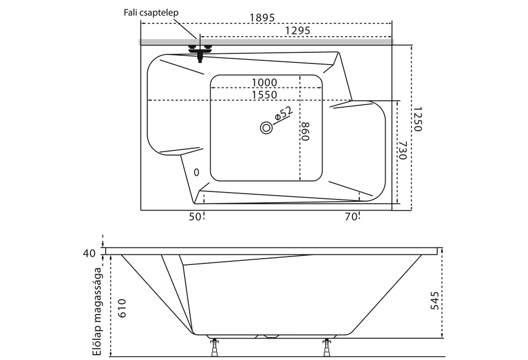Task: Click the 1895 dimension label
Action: (262, 18)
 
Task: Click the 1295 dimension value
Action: (298, 31)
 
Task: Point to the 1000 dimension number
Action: (265, 82)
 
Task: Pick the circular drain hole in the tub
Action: (266, 128)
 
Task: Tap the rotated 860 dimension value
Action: (305, 131)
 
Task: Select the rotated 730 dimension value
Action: (403, 151)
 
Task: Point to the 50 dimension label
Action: (195, 217)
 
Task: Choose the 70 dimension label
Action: (350, 217)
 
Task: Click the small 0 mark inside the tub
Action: (196, 172)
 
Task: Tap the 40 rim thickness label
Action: (89, 253)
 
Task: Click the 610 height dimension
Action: (122, 307)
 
